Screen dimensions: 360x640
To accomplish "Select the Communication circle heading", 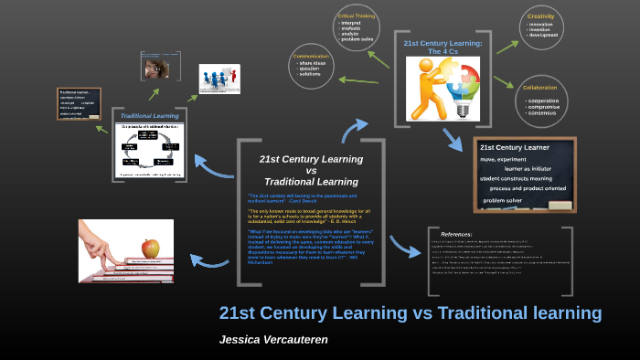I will tap(310, 56).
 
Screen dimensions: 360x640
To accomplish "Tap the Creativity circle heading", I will tap(541, 16).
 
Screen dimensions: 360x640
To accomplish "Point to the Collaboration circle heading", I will tap(540, 88).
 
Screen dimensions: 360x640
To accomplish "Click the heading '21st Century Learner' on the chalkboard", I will tap(515, 147).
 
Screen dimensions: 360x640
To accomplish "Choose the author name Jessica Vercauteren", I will tap(273, 339).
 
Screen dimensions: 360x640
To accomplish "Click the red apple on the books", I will tap(151, 248).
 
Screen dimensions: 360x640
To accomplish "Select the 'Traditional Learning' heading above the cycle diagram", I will tap(150, 116).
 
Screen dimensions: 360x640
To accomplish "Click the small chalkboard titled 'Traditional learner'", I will tap(79, 103).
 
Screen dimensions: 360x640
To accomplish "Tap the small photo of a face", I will tap(155, 65).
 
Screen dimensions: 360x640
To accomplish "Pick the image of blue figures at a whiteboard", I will tap(219, 79).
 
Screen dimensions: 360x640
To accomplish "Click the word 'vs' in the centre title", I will tap(311, 170).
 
